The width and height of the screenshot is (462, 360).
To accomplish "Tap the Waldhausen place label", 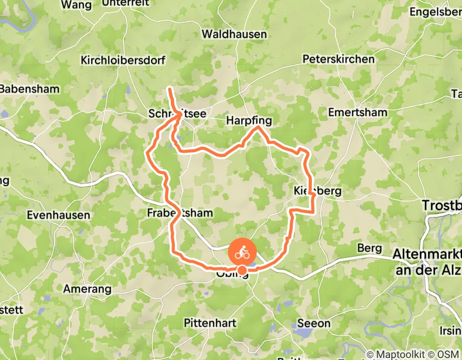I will click(235, 34).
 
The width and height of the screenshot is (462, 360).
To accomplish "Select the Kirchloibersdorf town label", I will click(123, 60).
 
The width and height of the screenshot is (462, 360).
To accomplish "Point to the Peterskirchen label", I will click(339, 59).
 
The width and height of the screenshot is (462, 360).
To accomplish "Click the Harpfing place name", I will click(249, 121).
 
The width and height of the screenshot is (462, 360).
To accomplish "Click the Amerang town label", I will click(87, 289).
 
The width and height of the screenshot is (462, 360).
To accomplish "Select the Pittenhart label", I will click(210, 323).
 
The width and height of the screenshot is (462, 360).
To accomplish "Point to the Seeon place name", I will click(314, 323).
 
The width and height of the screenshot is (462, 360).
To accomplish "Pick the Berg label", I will click(370, 248).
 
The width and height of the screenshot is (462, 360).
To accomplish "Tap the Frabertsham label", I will click(180, 212).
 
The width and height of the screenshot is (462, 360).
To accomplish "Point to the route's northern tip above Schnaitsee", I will click(170, 90).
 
